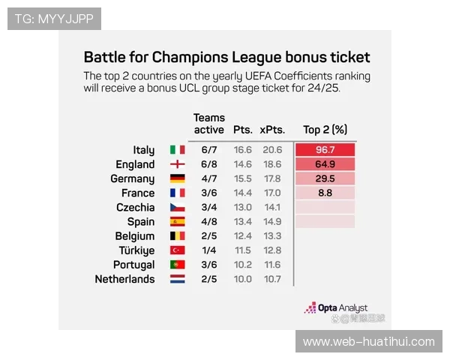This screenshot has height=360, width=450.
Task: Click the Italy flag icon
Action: click(x=177, y=150)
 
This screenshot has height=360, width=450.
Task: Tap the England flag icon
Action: click(x=177, y=164)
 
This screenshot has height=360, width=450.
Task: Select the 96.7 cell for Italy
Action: click(x=325, y=150)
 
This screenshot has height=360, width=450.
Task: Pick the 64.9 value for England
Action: click(x=325, y=164)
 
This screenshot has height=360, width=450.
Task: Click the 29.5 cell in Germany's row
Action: click(x=325, y=178)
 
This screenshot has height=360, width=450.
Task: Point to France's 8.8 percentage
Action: click(x=325, y=193)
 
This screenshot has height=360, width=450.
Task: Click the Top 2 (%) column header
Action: click(x=325, y=130)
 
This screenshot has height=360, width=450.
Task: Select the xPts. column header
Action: click(x=272, y=130)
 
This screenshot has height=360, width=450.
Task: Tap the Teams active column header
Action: click(x=209, y=124)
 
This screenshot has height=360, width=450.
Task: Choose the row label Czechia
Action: click(x=136, y=207)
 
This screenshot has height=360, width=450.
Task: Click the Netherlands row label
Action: click(x=124, y=279)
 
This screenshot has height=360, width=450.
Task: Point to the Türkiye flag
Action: click(x=177, y=250)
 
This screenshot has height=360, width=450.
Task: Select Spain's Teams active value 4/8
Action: click(x=209, y=222)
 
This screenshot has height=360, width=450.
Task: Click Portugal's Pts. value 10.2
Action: click(x=241, y=265)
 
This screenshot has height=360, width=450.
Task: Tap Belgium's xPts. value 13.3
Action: click(x=272, y=236)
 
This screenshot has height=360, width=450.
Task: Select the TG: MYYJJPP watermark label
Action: click(x=54, y=19)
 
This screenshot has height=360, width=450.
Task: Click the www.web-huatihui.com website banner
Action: click(x=368, y=342)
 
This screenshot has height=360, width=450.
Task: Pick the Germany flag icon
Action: click(x=177, y=178)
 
